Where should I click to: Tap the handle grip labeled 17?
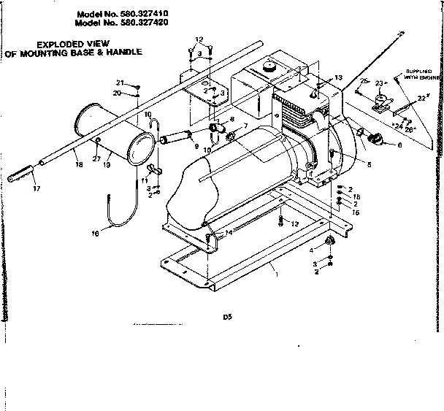tap(22, 176)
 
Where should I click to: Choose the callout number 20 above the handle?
tap(117, 93)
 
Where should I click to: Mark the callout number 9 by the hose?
tap(196, 146)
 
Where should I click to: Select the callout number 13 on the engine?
tap(338, 77)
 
